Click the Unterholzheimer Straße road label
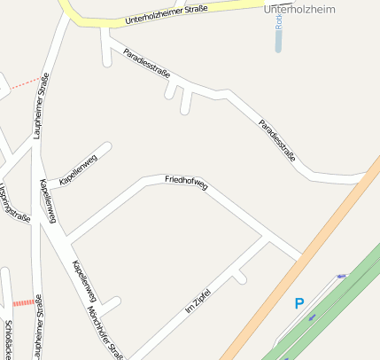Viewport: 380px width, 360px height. point(167,14)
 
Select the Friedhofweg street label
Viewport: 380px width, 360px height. point(186,184)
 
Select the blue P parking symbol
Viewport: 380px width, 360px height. point(299,304)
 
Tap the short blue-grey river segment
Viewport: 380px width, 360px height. point(278,40)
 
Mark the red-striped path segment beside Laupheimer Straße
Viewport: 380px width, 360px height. point(23,302)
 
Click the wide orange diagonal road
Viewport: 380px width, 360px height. point(292,266)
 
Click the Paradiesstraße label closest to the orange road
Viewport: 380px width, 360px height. point(276,140)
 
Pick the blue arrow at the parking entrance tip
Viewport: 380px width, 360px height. point(341,277)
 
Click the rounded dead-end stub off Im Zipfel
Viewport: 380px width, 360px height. point(241,279)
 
